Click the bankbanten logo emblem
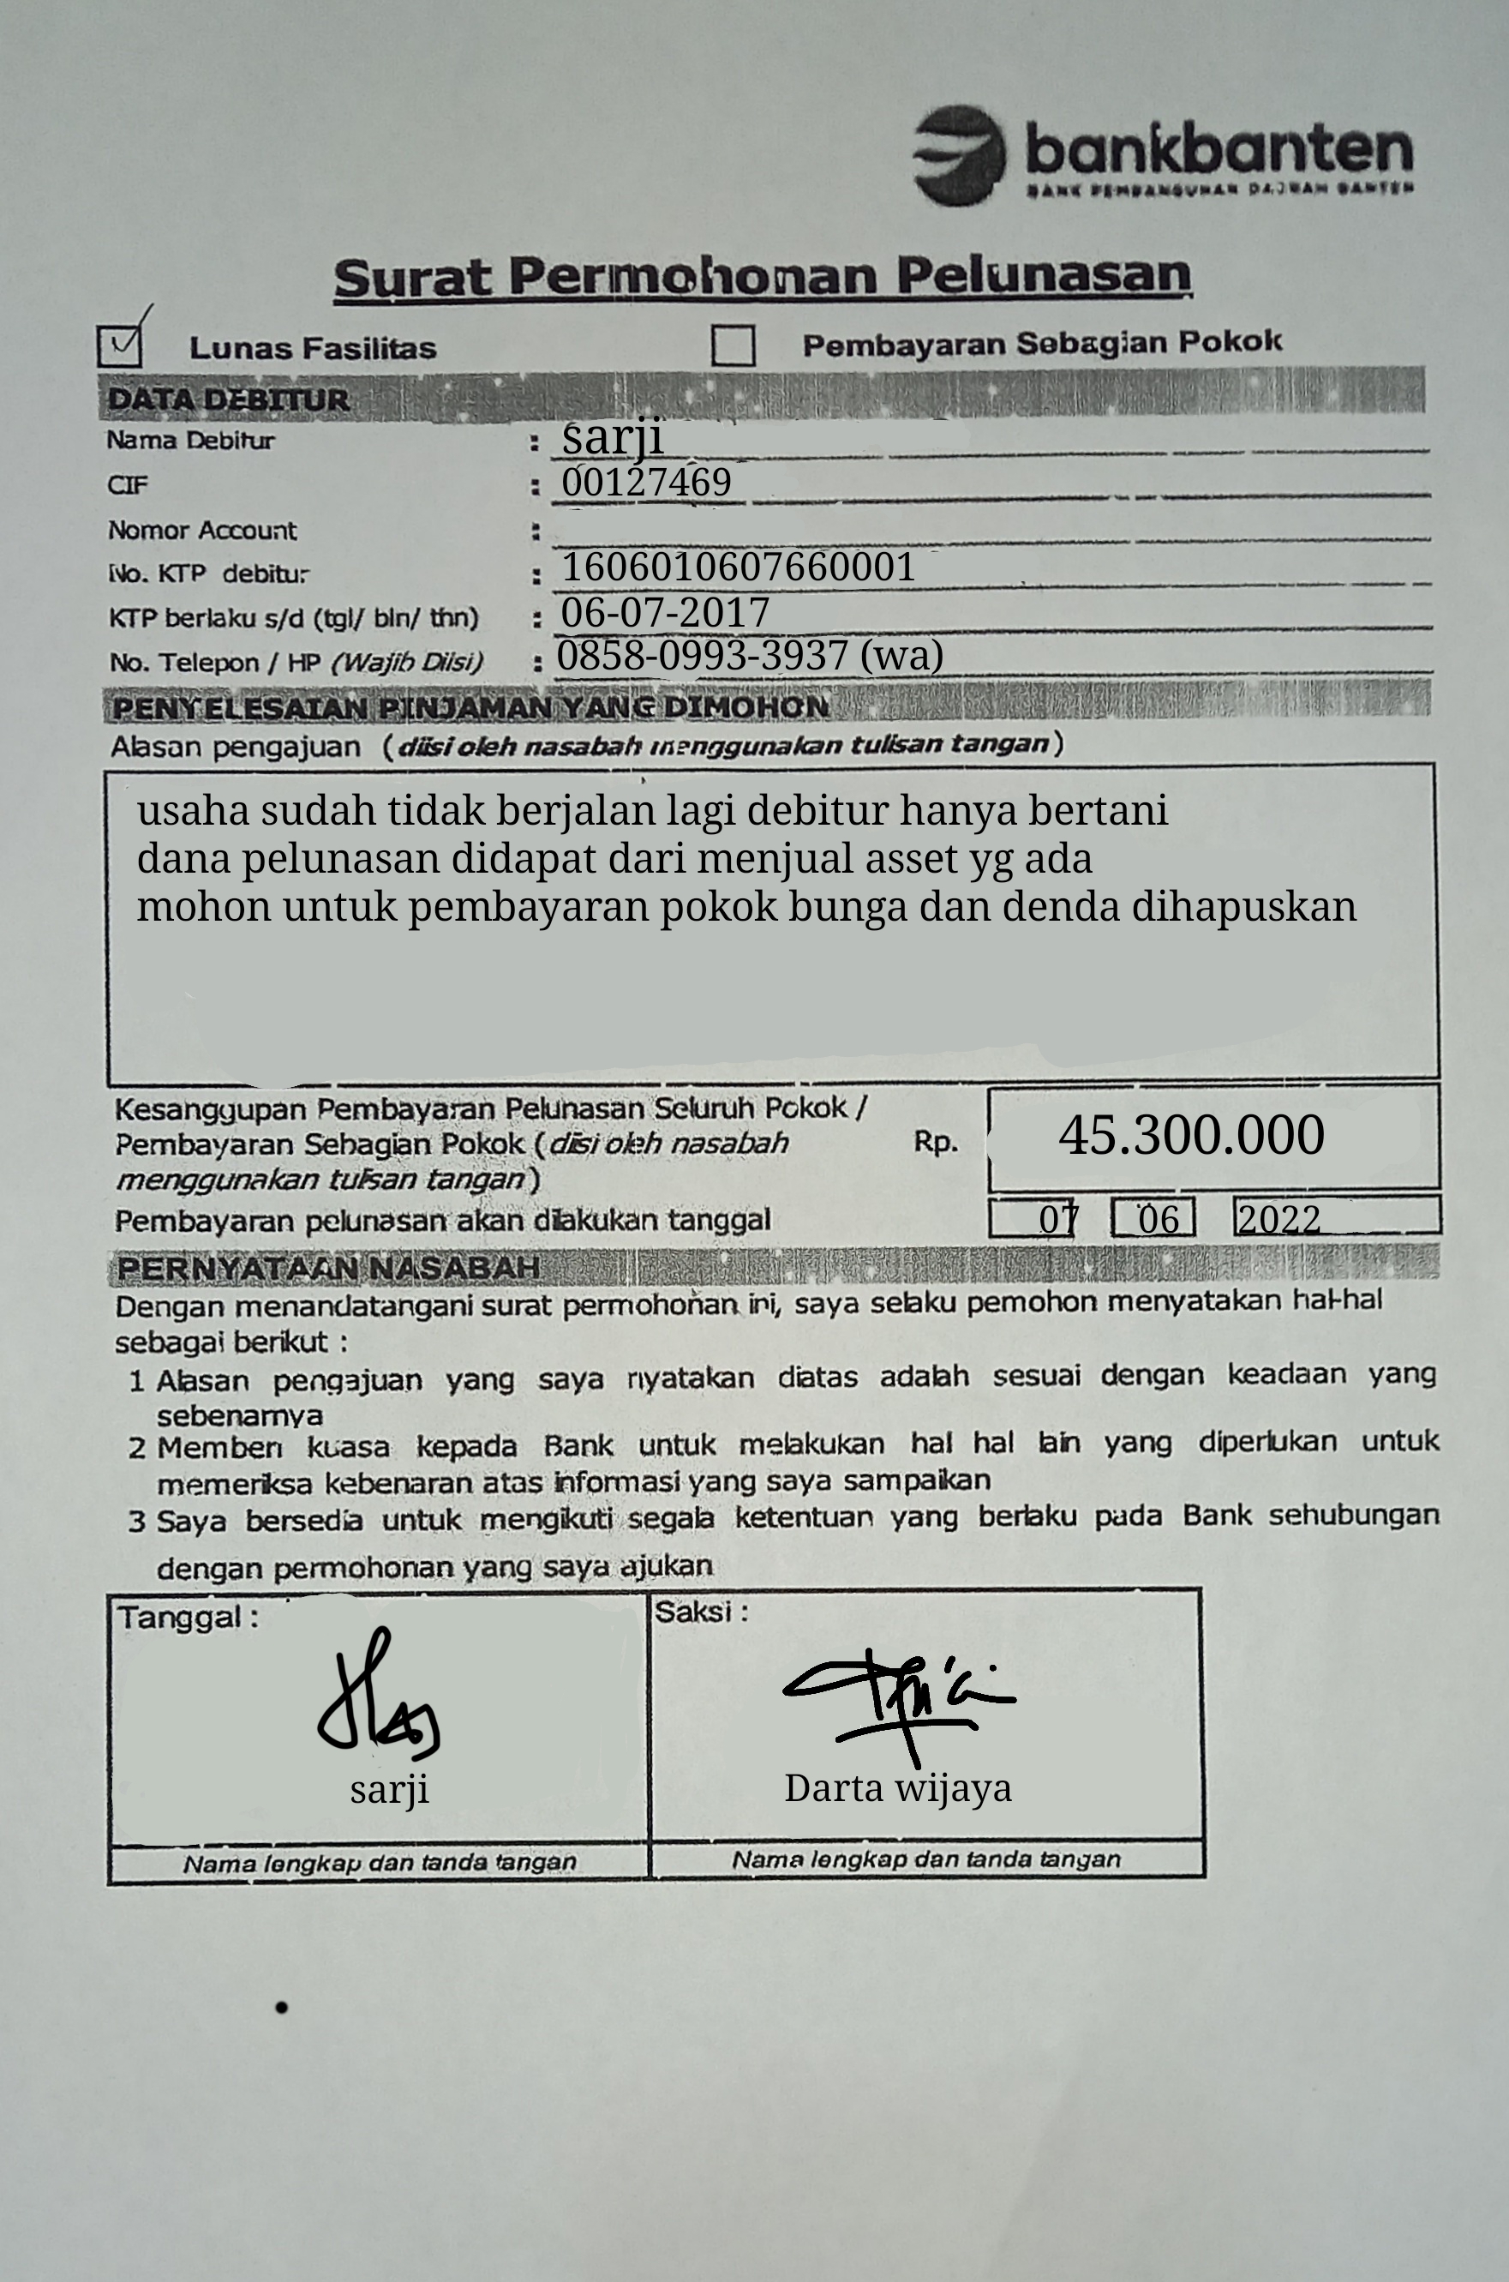(959, 155)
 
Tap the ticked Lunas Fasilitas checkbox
(119, 345)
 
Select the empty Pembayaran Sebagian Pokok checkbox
(733, 345)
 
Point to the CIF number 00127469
(646, 482)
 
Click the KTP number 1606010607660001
(738, 567)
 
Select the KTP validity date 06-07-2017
(665, 612)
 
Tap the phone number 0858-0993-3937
(702, 656)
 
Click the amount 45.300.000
(1191, 1135)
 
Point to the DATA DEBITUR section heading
(228, 399)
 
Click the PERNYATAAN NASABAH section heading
(327, 1268)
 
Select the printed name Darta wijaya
(898, 1788)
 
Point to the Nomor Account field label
(202, 531)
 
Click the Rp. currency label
(936, 1142)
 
